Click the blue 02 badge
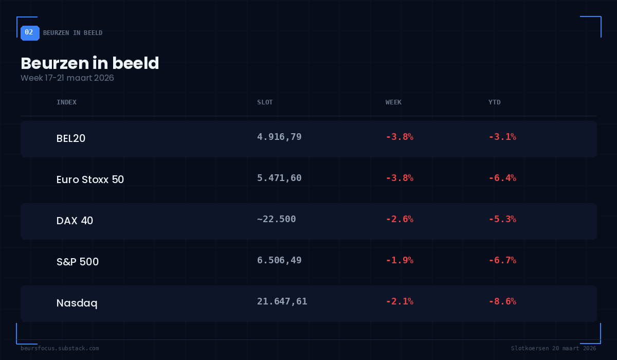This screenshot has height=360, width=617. (29, 32)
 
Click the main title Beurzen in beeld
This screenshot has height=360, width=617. (90, 63)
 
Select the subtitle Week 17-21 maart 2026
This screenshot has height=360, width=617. (67, 78)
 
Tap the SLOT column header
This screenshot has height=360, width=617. (265, 102)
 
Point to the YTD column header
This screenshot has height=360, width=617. (494, 102)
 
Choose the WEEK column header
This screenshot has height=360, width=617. (393, 102)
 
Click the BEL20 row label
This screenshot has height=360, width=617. (71, 138)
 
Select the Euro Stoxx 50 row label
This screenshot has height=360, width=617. (90, 179)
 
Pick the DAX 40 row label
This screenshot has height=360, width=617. (75, 221)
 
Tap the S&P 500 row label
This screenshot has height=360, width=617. (78, 262)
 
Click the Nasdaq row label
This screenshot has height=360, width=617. (77, 303)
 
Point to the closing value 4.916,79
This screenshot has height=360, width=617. (279, 137)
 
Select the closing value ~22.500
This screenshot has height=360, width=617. (277, 219)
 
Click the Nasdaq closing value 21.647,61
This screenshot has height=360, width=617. (282, 301)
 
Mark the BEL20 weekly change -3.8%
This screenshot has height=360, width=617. (400, 137)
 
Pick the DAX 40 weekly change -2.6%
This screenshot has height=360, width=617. (400, 219)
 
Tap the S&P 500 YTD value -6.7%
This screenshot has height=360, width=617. (502, 260)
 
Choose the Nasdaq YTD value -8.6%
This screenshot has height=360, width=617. (502, 301)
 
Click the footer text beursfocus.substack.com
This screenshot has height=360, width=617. (60, 348)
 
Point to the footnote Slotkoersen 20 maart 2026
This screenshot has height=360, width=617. (553, 348)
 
